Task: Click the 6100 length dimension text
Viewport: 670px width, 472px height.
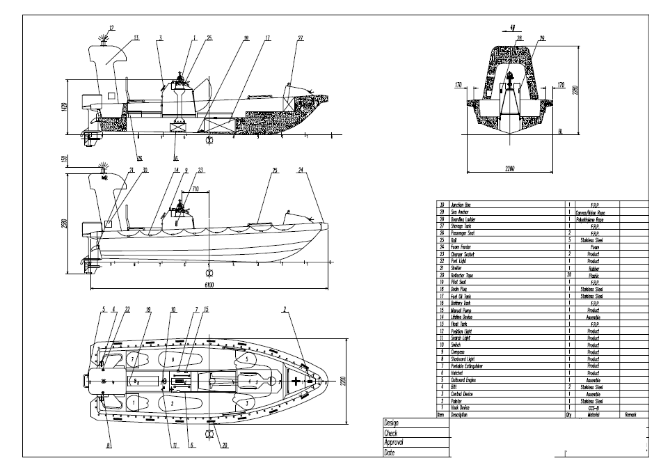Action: (x=209, y=285)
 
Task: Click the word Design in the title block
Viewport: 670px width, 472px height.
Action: (x=392, y=423)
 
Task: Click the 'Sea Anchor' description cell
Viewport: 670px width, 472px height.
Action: (x=461, y=212)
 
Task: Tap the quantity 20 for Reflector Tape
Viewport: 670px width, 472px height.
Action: (x=570, y=275)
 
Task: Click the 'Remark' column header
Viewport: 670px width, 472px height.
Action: (x=631, y=415)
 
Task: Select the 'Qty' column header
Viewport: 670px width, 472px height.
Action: (x=569, y=415)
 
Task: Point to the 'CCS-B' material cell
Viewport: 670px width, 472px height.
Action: (x=593, y=408)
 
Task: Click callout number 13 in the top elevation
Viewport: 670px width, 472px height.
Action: (x=136, y=37)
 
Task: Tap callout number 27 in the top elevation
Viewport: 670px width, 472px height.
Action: (x=300, y=37)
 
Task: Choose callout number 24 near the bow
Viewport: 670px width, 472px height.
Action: (x=301, y=170)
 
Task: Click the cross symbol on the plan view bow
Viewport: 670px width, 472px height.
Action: (x=297, y=381)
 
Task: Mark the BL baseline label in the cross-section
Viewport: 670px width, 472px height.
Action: (x=560, y=129)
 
